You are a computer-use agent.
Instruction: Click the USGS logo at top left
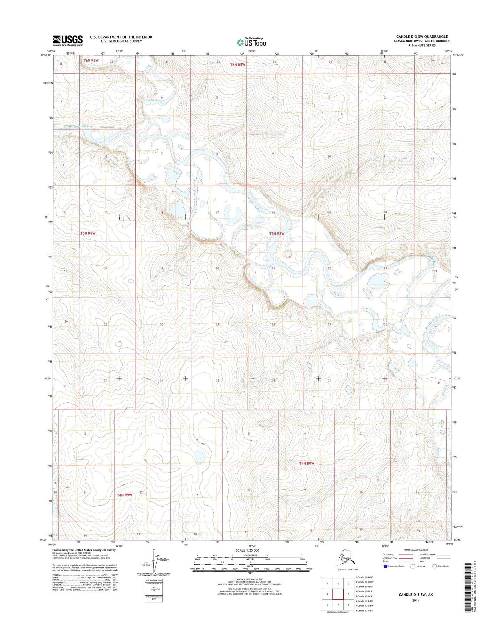tap(68, 40)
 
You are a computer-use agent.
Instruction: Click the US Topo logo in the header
tap(251, 42)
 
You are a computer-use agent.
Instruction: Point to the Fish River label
tap(155, 100)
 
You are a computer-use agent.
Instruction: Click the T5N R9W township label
tap(88, 233)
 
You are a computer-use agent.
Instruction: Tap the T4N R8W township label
tap(307, 463)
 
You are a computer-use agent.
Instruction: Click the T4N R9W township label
tap(124, 494)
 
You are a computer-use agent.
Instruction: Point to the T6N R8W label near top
tap(238, 65)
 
